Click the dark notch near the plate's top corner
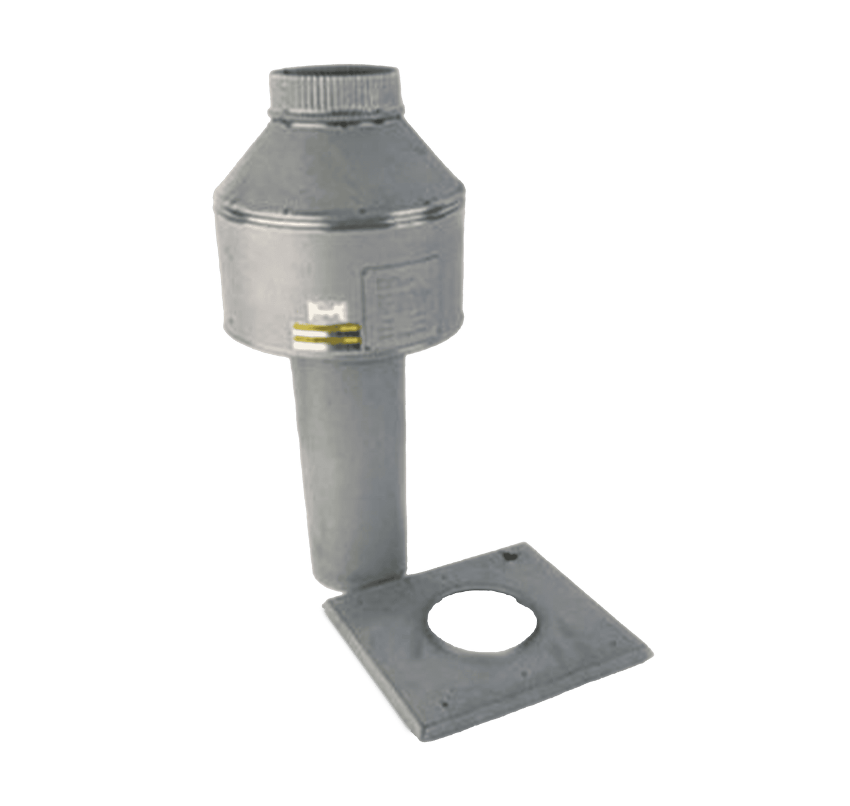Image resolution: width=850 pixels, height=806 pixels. (x=506, y=554)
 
